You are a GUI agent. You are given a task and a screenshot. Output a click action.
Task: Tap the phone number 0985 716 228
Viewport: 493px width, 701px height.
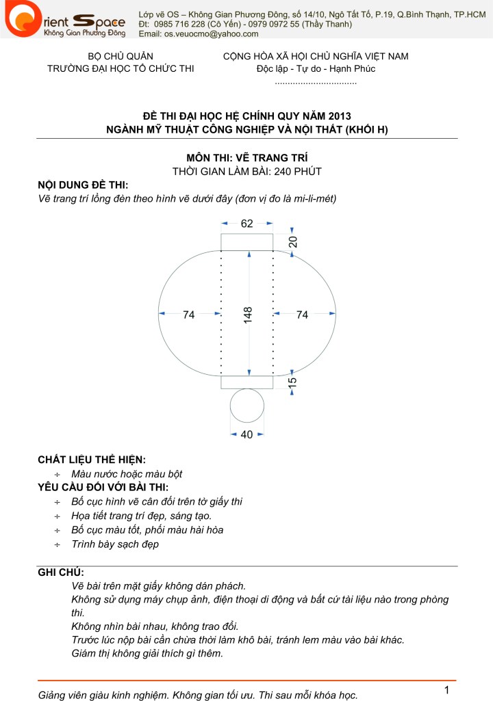point(184,24)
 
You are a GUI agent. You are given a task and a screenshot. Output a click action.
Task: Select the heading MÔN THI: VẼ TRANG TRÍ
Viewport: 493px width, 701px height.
point(246,158)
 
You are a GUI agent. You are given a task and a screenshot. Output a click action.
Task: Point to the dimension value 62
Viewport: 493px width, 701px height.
point(246,223)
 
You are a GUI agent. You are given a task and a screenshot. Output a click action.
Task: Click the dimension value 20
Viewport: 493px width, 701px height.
point(292,241)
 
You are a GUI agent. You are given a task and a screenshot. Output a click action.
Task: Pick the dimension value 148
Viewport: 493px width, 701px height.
point(247,314)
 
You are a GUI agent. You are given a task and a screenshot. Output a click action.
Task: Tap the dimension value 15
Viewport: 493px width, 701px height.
point(292,382)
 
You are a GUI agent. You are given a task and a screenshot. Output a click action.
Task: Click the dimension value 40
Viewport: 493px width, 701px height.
point(246,434)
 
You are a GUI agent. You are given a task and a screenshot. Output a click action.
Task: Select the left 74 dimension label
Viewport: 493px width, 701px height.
point(189,315)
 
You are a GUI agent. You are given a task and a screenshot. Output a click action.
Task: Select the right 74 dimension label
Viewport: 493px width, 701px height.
point(302,315)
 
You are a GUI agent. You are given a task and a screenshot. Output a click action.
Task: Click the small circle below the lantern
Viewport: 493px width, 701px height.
point(247,406)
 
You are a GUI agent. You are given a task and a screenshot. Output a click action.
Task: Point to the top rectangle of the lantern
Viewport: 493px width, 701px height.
point(246,241)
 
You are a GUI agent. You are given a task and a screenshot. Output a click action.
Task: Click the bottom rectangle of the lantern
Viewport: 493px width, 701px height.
point(246,382)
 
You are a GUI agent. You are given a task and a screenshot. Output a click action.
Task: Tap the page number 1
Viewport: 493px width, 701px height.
point(446,688)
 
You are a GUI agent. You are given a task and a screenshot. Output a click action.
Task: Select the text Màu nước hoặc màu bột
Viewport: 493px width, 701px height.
point(127,473)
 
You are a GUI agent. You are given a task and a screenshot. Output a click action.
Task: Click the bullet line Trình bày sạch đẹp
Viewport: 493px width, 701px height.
point(115,544)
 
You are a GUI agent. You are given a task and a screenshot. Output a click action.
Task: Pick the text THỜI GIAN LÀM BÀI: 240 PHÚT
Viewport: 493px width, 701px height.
point(246,172)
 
